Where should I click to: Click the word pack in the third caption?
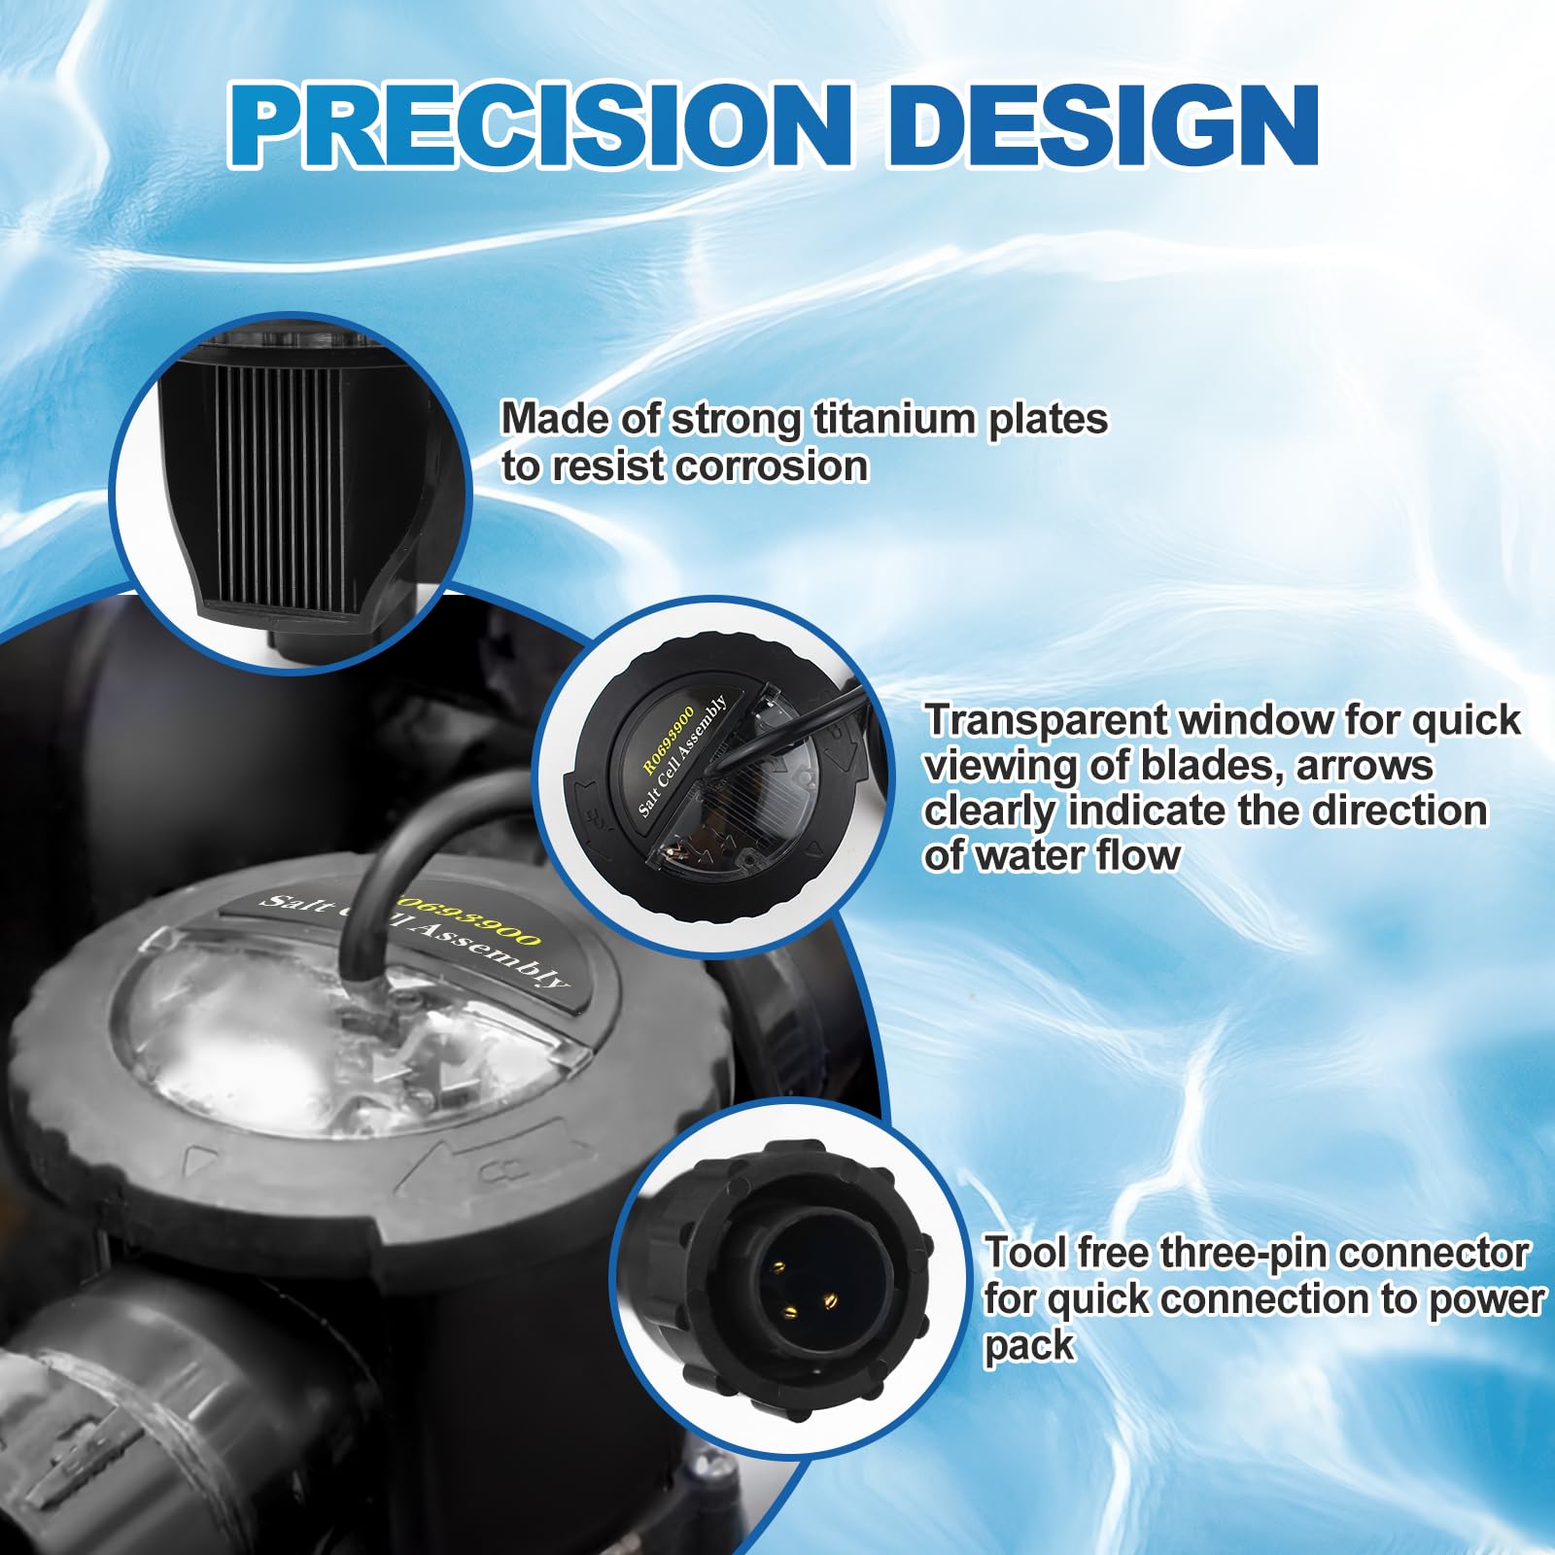coord(1028,1348)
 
